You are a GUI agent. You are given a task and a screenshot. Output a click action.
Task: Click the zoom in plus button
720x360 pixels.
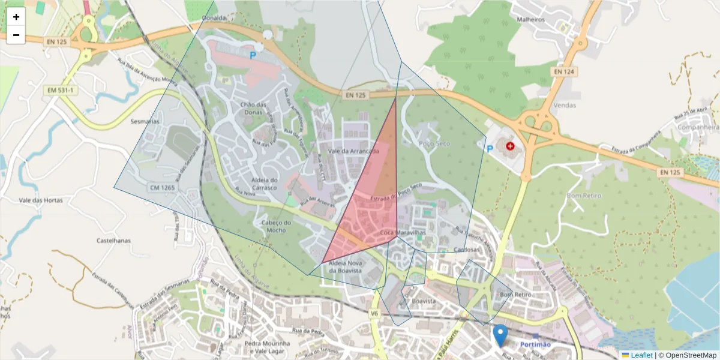[x=16, y=17]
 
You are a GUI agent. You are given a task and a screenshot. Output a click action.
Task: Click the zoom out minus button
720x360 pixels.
[x=16, y=35]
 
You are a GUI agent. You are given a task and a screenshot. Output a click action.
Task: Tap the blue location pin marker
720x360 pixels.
[x=500, y=335]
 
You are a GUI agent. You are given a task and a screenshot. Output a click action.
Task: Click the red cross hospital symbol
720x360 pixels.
[x=510, y=146]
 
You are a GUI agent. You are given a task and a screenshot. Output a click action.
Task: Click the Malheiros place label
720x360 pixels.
[x=530, y=19]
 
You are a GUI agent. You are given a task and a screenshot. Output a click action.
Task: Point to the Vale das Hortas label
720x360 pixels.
[x=41, y=200]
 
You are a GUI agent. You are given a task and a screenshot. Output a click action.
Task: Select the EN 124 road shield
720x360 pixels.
[x=564, y=72]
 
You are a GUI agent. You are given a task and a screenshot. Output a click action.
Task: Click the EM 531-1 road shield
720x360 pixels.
[x=61, y=90]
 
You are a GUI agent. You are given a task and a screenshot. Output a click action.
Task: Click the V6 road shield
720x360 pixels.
[x=374, y=313]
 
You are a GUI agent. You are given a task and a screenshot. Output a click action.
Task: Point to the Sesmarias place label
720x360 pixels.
[x=145, y=121]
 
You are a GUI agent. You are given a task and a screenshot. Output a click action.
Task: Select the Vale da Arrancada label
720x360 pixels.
[x=353, y=151]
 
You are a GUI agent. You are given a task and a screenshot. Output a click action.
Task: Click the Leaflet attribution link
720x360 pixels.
[x=641, y=355]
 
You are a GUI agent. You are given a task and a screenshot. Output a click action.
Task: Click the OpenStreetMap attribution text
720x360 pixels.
[x=691, y=355]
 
